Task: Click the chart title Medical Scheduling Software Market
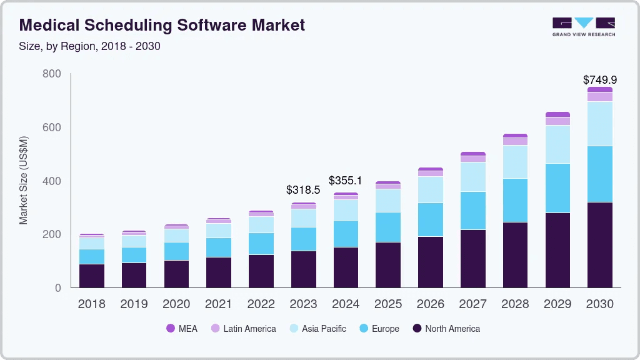tap(162, 25)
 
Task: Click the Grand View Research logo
tap(584, 26)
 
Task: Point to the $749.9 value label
tap(599, 79)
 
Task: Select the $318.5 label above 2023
tap(303, 189)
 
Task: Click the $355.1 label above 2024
tap(346, 180)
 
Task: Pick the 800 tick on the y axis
tap(51, 74)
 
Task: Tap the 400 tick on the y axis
tap(51, 181)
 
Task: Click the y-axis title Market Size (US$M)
tap(24, 180)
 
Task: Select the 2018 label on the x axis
tap(91, 304)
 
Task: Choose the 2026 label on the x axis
tap(430, 304)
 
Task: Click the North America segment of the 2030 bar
tap(599, 245)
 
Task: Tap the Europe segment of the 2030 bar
tap(599, 174)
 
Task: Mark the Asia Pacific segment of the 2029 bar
tap(557, 144)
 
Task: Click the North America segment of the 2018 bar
tap(91, 276)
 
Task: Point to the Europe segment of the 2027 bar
tap(472, 211)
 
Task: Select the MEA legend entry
tap(182, 328)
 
